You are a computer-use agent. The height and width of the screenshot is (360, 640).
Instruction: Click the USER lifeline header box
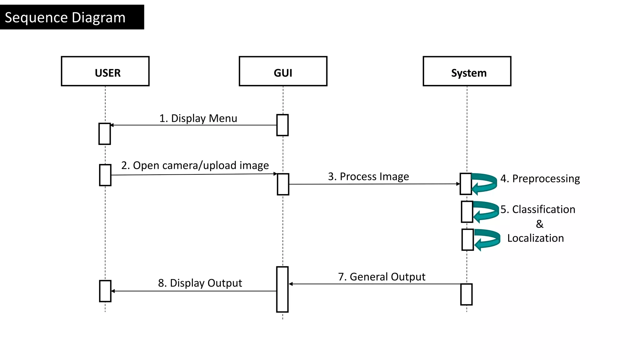105,71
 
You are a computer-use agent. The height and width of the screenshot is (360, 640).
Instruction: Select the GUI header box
283,71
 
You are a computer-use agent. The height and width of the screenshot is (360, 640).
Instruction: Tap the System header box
467,71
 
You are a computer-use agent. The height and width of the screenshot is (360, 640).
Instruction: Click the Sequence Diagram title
65,17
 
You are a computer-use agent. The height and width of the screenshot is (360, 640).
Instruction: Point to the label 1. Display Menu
198,118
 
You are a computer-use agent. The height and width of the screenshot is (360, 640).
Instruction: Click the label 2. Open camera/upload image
195,165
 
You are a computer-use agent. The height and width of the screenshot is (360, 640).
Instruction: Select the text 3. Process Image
368,177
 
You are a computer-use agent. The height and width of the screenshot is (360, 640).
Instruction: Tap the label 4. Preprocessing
540,178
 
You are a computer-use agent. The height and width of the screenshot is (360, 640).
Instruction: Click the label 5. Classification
537,209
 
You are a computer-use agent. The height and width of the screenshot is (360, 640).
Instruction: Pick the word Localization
535,238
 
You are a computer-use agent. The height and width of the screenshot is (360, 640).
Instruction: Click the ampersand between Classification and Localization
539,224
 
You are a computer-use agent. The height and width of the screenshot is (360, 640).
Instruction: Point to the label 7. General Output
382,277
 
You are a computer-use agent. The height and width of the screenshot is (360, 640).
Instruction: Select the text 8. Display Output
200,283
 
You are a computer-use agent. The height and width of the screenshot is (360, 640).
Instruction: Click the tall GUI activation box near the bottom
282,289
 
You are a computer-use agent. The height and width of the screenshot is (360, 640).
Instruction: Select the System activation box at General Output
466,294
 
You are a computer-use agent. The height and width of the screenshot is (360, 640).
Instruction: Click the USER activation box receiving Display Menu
104,134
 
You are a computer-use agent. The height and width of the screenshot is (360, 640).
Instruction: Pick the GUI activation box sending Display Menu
282,125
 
